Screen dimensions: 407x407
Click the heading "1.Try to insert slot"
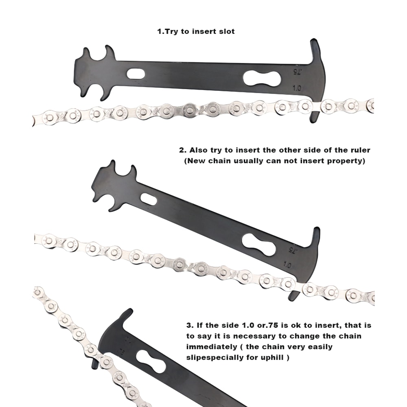(196, 31)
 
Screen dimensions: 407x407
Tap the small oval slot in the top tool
(135, 74)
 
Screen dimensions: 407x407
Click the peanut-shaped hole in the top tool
(262, 79)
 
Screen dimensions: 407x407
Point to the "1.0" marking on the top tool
(297, 88)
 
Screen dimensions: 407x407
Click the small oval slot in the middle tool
(149, 199)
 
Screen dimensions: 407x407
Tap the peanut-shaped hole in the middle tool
(259, 245)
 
